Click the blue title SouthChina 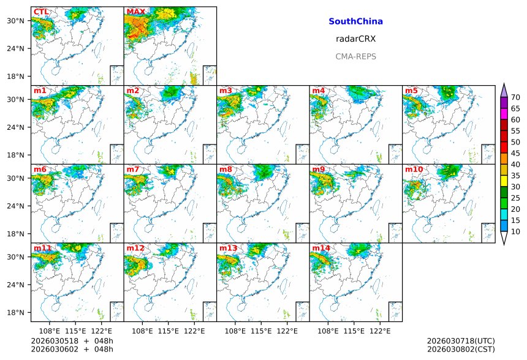[355, 21]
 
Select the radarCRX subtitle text [355, 39]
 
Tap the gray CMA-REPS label [355, 56]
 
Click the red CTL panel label [41, 12]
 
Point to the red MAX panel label [135, 12]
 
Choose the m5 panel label [411, 91]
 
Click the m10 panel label [414, 169]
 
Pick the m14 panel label [320, 248]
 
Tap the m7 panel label [133, 169]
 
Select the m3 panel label [226, 91]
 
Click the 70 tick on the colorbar [515, 97]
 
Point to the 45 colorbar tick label [515, 153]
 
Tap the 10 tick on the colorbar [515, 231]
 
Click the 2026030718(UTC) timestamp [460, 340]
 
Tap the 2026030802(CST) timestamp [460, 349]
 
